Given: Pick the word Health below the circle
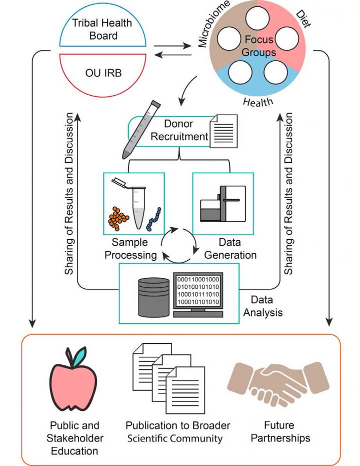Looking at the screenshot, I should [x=258, y=102].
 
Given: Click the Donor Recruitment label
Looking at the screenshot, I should [x=185, y=130].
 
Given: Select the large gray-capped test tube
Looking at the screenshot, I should [x=135, y=135].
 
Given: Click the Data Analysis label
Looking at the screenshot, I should [x=265, y=307].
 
